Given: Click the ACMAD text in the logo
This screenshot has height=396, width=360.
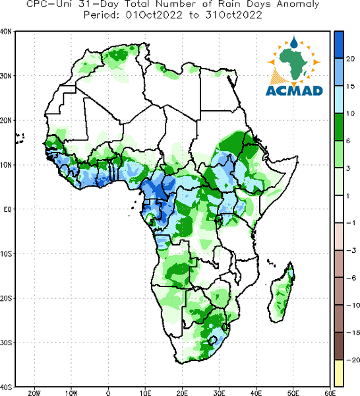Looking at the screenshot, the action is click(294, 91).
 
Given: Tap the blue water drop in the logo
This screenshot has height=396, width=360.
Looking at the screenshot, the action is click(294, 42).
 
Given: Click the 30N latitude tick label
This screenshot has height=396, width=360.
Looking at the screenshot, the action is click(6, 76).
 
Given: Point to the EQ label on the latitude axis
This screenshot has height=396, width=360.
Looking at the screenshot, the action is click(7, 209).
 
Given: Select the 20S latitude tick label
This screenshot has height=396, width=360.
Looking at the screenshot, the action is click(6, 298).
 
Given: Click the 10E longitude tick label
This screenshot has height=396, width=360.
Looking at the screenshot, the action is click(145, 393).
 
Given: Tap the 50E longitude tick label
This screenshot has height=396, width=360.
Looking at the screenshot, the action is click(293, 393).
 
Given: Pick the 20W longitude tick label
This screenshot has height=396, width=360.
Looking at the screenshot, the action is click(34, 393).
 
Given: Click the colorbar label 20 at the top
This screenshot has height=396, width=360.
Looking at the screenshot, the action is click(350, 59).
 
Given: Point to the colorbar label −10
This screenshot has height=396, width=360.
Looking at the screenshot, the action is click(353, 306).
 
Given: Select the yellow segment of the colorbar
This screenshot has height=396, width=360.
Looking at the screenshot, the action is click(339, 373).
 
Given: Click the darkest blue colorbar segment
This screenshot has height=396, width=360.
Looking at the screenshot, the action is click(339, 45).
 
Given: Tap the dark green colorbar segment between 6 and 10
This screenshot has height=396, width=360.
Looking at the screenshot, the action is click(339, 127).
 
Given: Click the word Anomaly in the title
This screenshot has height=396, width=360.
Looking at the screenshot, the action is click(298, 5).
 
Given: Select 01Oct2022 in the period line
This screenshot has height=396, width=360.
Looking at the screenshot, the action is click(154, 15).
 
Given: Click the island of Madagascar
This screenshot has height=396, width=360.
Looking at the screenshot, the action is click(282, 292).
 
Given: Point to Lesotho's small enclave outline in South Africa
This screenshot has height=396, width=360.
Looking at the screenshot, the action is click(213, 341).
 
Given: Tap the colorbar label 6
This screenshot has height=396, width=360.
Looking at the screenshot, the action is click(348, 141).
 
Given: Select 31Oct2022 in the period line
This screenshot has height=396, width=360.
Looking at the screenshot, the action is click(234, 15).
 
